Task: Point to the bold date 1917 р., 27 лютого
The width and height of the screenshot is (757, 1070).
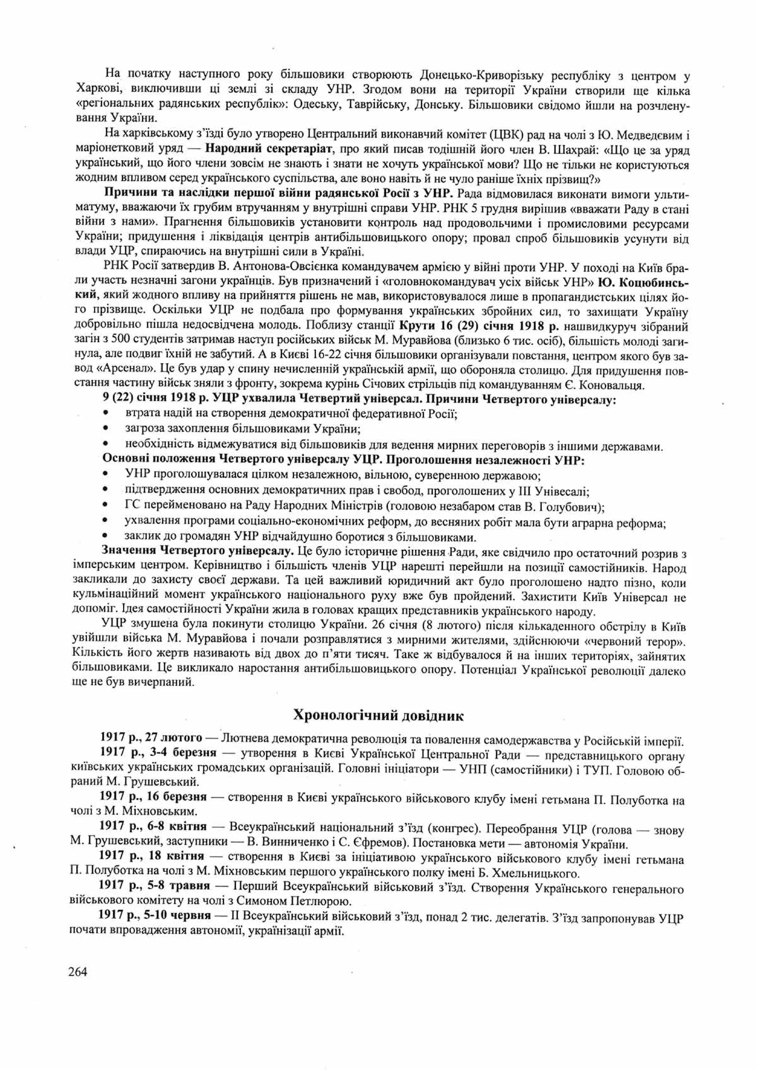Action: [152, 738]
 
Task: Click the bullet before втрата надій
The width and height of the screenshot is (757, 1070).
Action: [106, 413]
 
